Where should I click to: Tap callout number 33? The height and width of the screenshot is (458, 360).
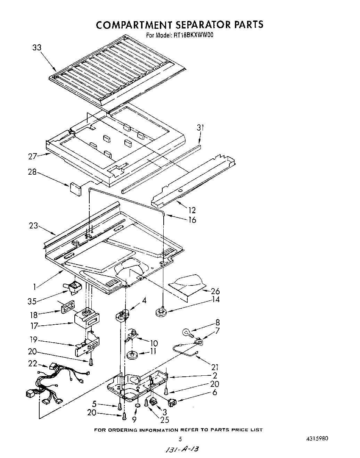pyautogui.click(x=37, y=48)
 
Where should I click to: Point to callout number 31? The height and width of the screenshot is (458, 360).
pyautogui.click(x=200, y=128)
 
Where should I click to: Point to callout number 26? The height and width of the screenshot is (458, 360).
pyautogui.click(x=215, y=291)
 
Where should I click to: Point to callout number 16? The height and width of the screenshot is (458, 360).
pyautogui.click(x=191, y=220)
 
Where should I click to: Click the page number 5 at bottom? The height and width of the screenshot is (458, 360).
pyautogui.click(x=180, y=439)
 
